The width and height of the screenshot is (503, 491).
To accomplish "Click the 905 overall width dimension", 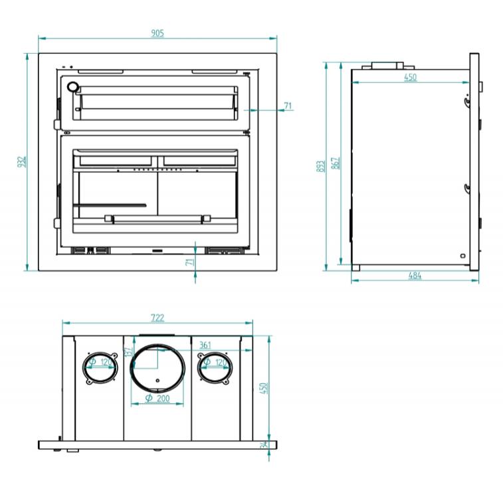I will [x=157, y=33].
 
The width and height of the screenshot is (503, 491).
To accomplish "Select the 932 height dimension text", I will [x=21, y=161].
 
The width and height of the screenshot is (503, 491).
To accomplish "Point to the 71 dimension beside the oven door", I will [x=288, y=106].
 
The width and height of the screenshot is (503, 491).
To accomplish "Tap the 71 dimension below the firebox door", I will [x=190, y=262].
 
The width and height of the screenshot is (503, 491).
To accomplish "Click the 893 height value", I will [x=320, y=165].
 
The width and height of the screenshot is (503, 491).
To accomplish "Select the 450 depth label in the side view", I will [x=411, y=78].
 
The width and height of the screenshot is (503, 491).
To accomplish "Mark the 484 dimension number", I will [x=415, y=276].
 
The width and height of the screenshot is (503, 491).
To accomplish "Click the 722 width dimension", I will [x=157, y=318].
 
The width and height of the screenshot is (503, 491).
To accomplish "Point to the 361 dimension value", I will [x=205, y=345].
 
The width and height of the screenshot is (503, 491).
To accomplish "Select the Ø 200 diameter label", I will [x=157, y=398].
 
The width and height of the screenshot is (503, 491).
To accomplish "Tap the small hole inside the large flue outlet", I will [x=157, y=381].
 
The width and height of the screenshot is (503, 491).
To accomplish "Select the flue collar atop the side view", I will [x=387, y=66].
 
